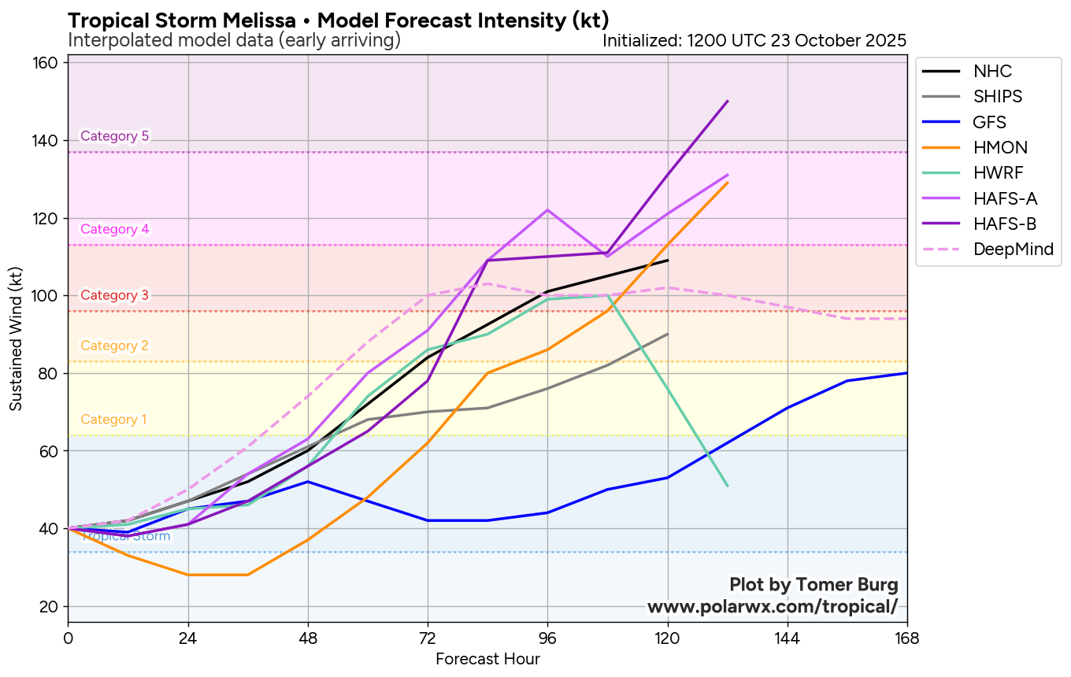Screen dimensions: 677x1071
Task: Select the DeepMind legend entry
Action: pos(988,250)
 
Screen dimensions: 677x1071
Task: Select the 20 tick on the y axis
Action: pos(52,606)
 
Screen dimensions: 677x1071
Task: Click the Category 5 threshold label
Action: pos(115,136)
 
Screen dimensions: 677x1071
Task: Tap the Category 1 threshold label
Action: pos(113,420)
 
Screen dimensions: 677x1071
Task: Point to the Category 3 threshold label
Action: pos(115,295)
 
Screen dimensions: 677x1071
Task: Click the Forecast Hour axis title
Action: pos(487,660)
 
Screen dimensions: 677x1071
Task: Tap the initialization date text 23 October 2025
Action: pos(836,40)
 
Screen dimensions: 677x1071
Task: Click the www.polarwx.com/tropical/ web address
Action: pos(773,607)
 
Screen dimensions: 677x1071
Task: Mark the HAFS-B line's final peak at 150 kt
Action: pos(728,101)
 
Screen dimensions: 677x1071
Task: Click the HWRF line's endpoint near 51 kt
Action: pos(728,486)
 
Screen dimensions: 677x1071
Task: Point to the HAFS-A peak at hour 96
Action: pos(547,210)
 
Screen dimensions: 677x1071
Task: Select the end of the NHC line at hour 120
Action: pos(668,260)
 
